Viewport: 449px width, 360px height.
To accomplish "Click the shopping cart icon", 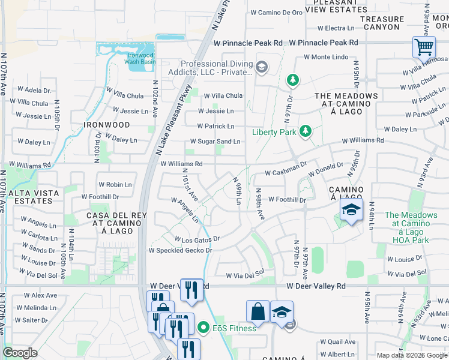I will pos(424,46).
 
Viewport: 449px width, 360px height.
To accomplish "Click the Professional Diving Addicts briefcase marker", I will pos(261,67).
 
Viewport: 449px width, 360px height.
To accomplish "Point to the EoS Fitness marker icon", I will pos(203,328).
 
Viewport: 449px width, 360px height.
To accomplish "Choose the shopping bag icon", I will pos(258,311).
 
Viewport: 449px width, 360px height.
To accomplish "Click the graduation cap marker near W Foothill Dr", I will pos(351,209).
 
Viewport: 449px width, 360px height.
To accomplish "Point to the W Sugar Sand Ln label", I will pos(215,142).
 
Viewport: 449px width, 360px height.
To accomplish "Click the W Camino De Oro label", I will pos(276,12).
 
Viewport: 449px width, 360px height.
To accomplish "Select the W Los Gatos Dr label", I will pos(197,239).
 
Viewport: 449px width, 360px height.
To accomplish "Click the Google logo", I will pos(20,353).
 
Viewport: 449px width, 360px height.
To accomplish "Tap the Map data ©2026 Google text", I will pos(411,355).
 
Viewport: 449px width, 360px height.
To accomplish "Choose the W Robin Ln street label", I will pos(115,185).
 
